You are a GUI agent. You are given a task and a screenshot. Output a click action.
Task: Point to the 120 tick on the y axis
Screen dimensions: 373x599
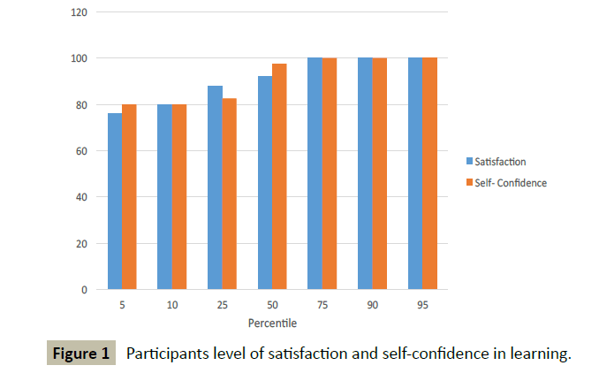80,12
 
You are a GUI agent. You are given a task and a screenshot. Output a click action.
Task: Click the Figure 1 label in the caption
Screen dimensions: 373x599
81,354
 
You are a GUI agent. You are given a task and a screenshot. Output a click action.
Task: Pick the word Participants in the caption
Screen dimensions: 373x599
166,354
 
